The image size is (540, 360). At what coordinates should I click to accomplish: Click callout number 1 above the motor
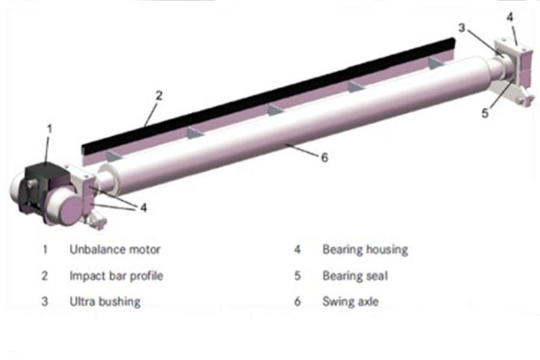pyautogui.click(x=50, y=128)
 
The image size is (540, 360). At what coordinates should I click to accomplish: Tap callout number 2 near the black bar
pyautogui.click(x=158, y=95)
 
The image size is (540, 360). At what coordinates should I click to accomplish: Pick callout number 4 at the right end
pyautogui.click(x=509, y=17)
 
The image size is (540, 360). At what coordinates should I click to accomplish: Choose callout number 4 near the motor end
pyautogui.click(x=142, y=208)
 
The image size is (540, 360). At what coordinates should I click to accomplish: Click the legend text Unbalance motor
pyautogui.click(x=115, y=248)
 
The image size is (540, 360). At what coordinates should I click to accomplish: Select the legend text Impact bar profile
pyautogui.click(x=116, y=276)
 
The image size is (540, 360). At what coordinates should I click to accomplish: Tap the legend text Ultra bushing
pyautogui.click(x=104, y=301)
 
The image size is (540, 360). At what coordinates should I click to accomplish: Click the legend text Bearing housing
pyautogui.click(x=365, y=248)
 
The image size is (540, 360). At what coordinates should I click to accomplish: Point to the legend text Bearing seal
pyautogui.click(x=355, y=276)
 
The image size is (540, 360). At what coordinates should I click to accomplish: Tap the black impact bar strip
pyautogui.click(x=270, y=90)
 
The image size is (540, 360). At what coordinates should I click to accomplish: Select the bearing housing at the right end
pyautogui.click(x=514, y=57)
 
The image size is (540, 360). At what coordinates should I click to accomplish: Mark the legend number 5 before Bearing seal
pyautogui.click(x=297, y=276)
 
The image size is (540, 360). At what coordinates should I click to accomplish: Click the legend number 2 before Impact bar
pyautogui.click(x=44, y=276)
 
